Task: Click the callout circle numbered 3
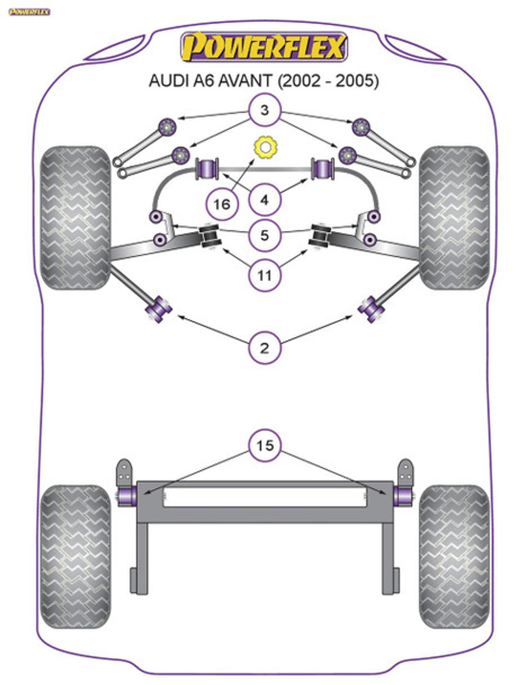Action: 264,109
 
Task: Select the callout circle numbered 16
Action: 222,204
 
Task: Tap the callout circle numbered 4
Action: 264,200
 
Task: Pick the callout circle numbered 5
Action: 264,235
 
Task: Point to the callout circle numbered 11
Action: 264,275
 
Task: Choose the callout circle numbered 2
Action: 264,348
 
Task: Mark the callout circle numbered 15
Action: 264,445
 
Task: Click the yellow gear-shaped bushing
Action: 264,147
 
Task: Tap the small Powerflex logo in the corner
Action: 30,12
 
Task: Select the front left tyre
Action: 75,218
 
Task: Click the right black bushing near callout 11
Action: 320,236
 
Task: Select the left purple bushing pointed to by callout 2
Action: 159,308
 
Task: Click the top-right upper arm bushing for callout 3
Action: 361,127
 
